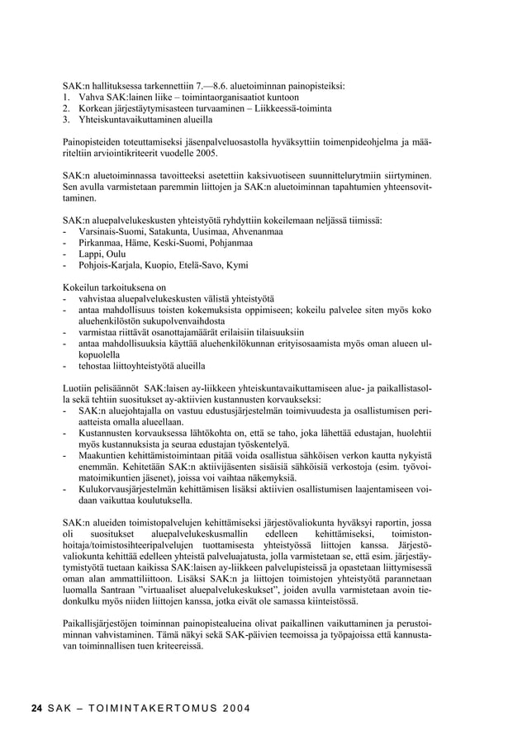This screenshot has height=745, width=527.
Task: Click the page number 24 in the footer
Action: [x=36, y=709]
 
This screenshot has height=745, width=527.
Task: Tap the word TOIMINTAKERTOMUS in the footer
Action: [x=142, y=709]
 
